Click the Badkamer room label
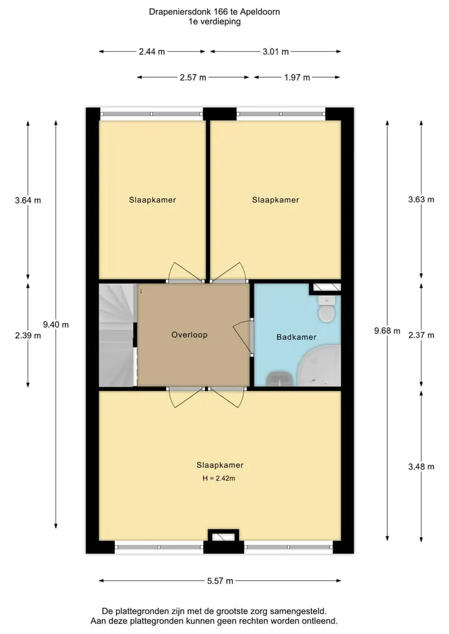pos(296,337)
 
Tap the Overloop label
pos(190,335)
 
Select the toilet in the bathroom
pos(326,309)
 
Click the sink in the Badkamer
pos(279,379)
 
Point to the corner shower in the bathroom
pos(319,365)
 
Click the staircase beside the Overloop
pos(117,335)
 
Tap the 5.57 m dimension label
pos(220,581)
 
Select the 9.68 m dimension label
pos(387,331)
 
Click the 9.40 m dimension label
pos(56,324)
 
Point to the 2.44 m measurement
pos(152,51)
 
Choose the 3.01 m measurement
pos(276,51)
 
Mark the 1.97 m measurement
pos(297,77)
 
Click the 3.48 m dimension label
pos(421,466)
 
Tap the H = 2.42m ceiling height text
pos(219,478)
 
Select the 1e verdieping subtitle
pos(215,22)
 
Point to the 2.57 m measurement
pos(193,77)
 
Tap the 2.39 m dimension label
pos(28,335)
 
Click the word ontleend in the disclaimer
pos(320,621)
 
